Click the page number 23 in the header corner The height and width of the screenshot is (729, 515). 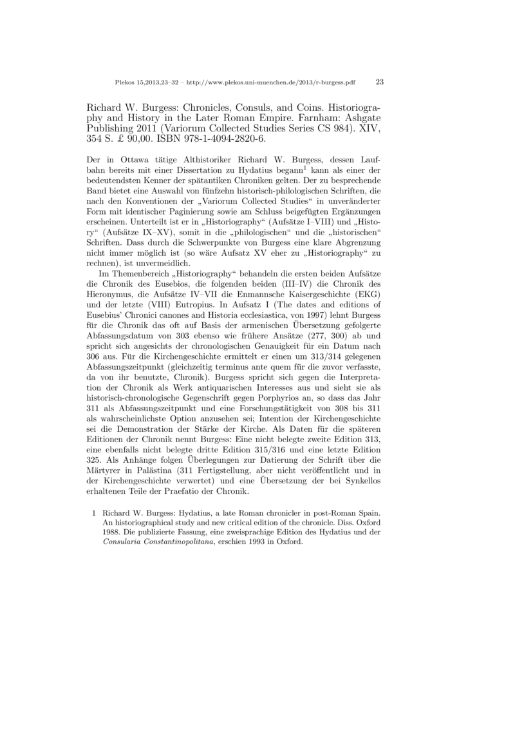(x=379, y=82)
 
